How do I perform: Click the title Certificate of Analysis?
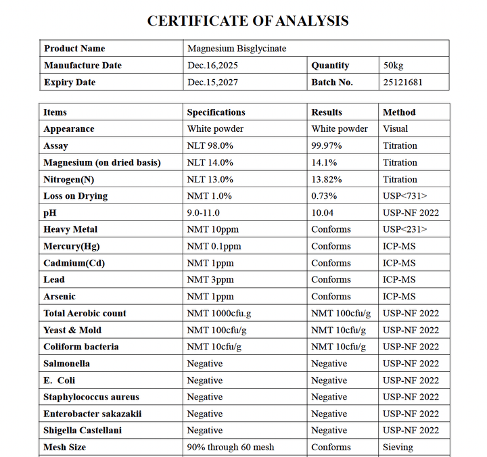pyautogui.click(x=248, y=21)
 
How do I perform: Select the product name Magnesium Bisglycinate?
pyautogui.click(x=237, y=49)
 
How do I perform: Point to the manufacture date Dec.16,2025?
pyautogui.click(x=212, y=66)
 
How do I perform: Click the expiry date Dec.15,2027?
pyautogui.click(x=212, y=82)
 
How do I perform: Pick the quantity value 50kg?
pyautogui.click(x=393, y=66)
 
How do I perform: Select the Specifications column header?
pyautogui.click(x=216, y=112)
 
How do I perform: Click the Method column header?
pyautogui.click(x=399, y=112)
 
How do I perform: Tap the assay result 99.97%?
pyautogui.click(x=327, y=145)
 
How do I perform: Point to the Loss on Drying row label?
pyautogui.click(x=76, y=196)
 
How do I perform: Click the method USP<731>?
pyautogui.click(x=404, y=196)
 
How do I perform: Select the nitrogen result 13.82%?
pyautogui.click(x=327, y=179)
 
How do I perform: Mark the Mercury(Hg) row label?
pyautogui.click(x=72, y=246)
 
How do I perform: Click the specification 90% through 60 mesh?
pyautogui.click(x=231, y=447)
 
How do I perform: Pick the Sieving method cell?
pyautogui.click(x=398, y=447)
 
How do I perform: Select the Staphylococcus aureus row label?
pyautogui.click(x=91, y=397)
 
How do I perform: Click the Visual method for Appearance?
pyautogui.click(x=396, y=128)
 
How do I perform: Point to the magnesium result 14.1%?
pyautogui.click(x=324, y=162)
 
